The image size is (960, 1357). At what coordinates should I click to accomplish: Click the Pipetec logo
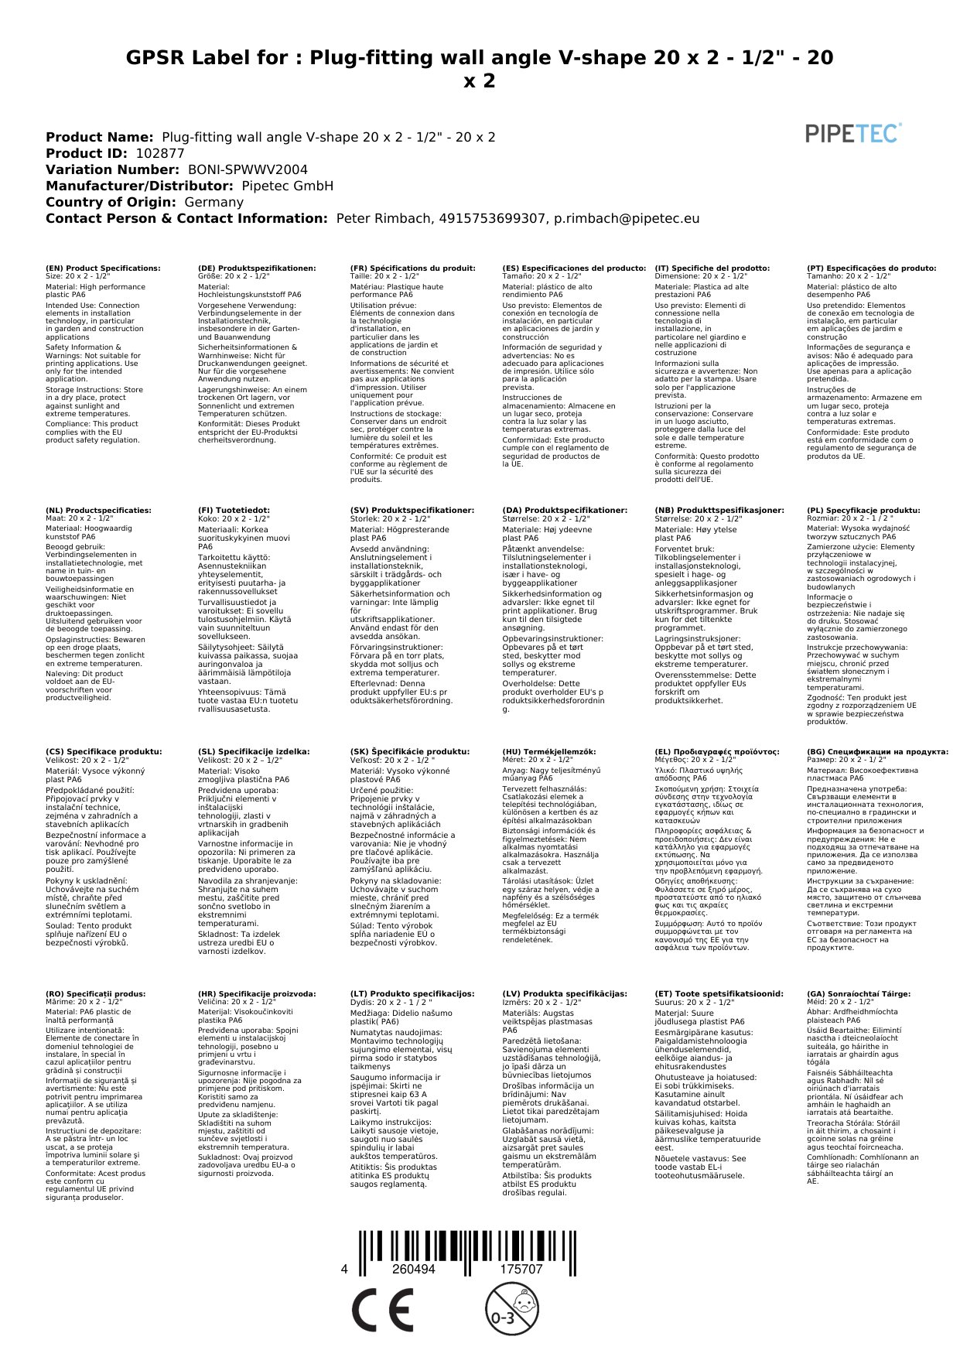853,133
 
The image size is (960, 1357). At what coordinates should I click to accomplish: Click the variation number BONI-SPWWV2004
248,169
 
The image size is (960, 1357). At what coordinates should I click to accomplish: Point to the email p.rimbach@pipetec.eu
627,218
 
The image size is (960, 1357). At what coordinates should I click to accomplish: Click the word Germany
214,202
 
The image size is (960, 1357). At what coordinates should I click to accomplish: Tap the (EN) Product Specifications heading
103,268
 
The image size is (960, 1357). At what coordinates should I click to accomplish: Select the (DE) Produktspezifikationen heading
257,268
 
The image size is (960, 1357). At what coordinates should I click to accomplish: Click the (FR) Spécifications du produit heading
412,268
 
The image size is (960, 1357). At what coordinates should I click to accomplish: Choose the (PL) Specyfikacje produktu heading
863,511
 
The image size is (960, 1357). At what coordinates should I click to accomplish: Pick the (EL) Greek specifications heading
717,752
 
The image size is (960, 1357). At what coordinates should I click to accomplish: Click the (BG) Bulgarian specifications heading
877,752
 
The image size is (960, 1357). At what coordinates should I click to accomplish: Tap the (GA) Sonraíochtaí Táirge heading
859,994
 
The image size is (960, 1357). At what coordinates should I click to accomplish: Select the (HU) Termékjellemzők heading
549,752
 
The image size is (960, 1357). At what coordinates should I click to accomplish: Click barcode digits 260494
414,1270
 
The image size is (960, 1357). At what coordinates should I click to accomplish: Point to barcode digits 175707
521,1270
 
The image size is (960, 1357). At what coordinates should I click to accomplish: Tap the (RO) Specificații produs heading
95,994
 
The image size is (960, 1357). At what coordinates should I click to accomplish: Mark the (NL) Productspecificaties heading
98,511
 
